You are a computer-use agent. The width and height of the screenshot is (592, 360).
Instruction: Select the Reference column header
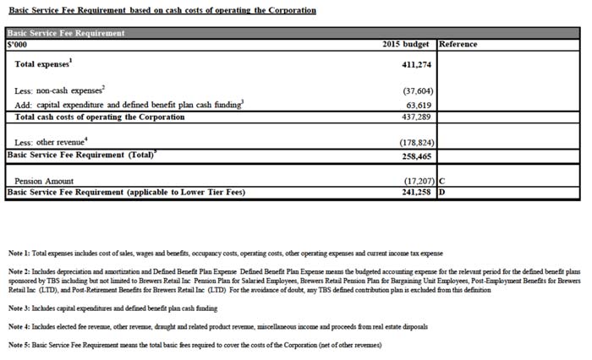pos(458,44)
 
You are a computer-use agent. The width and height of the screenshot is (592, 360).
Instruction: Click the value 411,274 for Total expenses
pos(417,64)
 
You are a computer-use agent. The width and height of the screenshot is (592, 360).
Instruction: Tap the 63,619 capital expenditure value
pos(419,105)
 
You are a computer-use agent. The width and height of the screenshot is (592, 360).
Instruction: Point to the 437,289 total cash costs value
pos(417,117)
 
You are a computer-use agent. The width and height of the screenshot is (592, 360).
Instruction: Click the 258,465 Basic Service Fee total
pos(417,155)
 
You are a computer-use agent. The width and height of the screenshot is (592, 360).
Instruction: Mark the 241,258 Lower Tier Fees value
pos(417,193)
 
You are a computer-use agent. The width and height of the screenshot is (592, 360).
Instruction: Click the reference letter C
pos(442,181)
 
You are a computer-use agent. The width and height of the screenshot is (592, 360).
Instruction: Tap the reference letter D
pos(442,193)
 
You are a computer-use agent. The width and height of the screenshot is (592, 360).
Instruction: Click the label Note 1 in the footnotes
pos(19,254)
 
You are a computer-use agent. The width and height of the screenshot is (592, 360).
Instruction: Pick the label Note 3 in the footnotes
pos(19,308)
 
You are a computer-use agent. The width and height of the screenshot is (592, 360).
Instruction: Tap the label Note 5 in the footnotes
pos(19,345)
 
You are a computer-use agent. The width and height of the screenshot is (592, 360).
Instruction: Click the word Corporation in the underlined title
pos(290,10)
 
